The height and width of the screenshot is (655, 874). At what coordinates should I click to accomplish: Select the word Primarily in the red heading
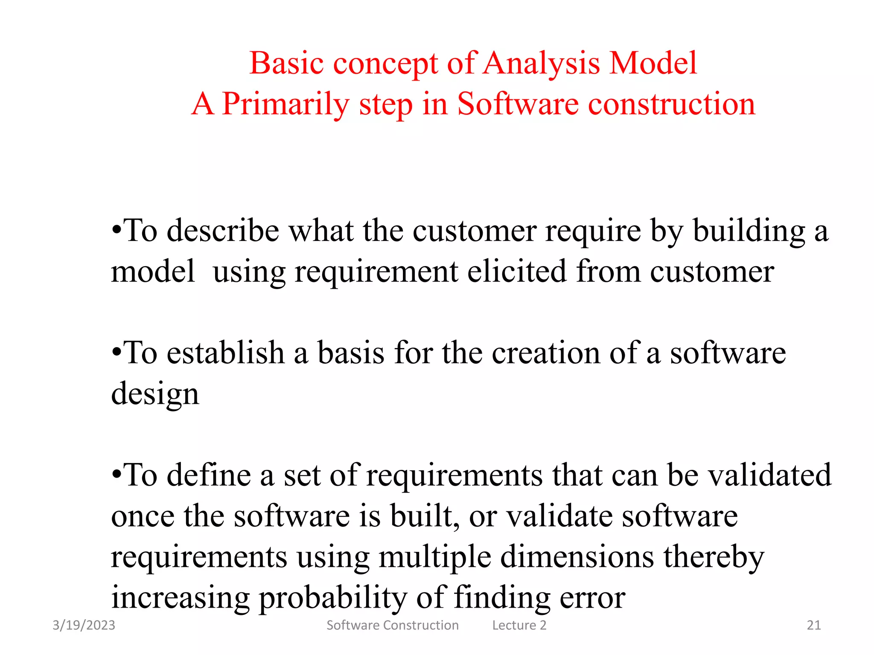pos(286,104)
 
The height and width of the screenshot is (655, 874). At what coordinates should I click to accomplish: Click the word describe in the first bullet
pos(223,231)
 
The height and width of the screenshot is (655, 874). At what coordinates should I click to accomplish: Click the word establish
pos(226,353)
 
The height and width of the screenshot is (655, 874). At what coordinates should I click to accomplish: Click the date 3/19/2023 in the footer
pos(84,625)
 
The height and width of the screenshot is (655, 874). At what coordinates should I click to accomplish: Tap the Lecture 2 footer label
pos(519,625)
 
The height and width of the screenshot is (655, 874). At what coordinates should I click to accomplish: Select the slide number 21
pos(814,625)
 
